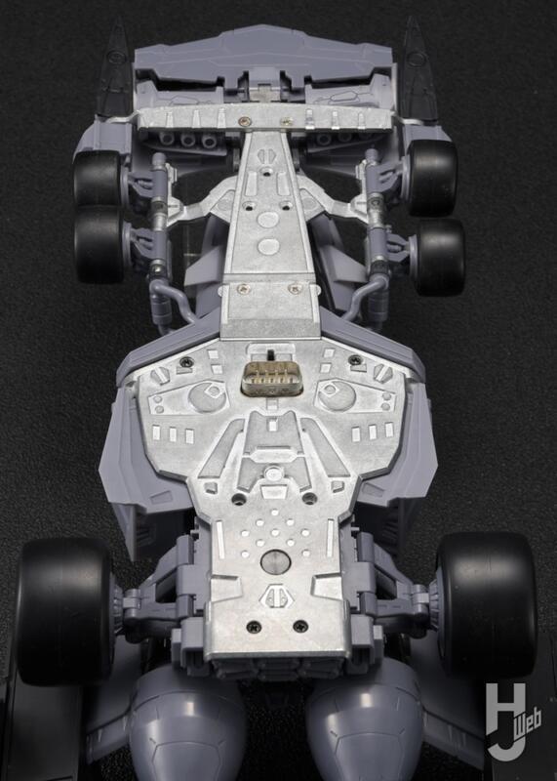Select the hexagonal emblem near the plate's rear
tap(272, 597)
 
